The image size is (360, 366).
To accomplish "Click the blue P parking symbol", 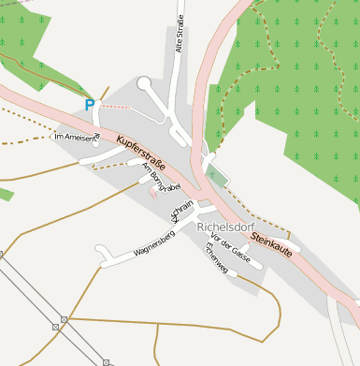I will pyautogui.click(x=90, y=106).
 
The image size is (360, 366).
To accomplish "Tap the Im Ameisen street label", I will pyautogui.click(x=76, y=137).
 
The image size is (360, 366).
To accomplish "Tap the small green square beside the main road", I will pyautogui.click(x=217, y=175).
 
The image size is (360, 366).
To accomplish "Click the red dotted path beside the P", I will pyautogui.click(x=117, y=105).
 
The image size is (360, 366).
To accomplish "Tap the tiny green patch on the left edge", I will pyautogui.click(x=5, y=194).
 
